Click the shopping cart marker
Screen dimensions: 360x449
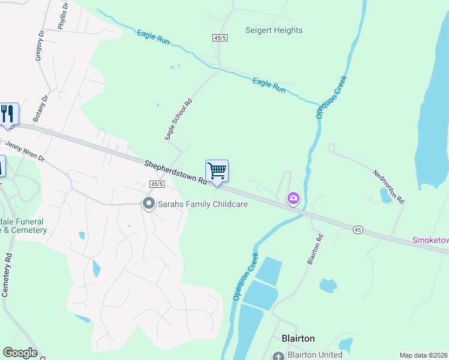coord(217,171)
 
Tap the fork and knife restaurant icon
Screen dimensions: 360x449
coord(8,114)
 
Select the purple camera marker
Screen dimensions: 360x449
coord(294,198)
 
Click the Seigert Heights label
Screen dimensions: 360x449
coord(274,30)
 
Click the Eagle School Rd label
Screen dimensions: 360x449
coord(178,119)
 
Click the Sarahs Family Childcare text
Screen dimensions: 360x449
coord(203,204)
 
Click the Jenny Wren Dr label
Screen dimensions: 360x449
coord(25,151)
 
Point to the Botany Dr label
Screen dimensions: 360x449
coord(41,108)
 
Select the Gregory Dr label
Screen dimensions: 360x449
coord(40,46)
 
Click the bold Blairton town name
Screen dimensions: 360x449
coord(298,338)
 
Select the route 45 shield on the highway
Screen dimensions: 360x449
coord(357,229)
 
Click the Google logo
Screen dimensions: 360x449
coord(20,353)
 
